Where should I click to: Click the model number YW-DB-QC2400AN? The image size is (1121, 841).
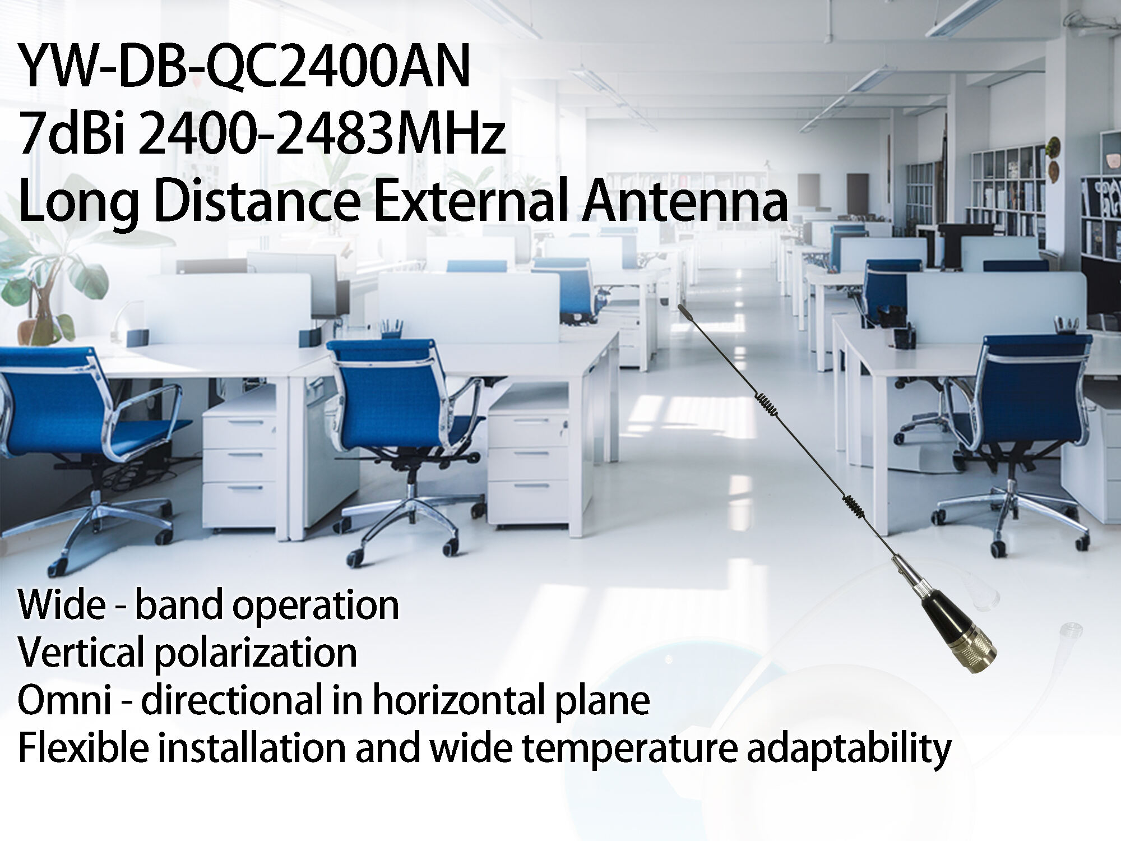click(x=244, y=68)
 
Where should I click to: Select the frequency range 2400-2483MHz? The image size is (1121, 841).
click(x=322, y=136)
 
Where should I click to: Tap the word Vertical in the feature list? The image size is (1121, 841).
click(x=81, y=653)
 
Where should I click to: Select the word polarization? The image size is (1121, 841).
click(x=256, y=653)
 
